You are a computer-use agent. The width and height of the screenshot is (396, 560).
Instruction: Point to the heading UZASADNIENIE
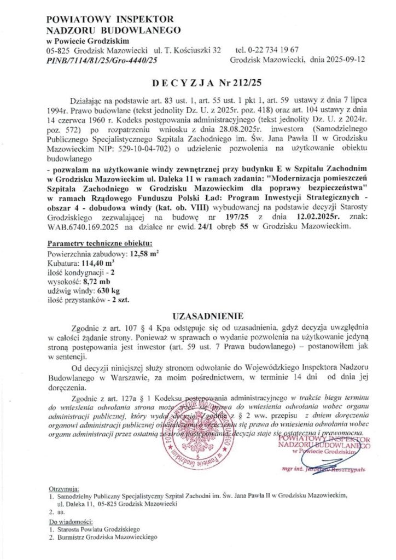click(x=198, y=316)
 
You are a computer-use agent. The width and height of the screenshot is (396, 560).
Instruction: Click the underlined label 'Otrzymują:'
click(x=63, y=486)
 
